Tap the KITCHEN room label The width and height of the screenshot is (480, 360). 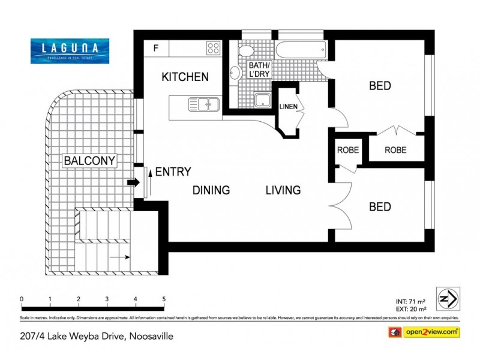[185, 77]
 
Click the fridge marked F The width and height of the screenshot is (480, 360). [156, 47]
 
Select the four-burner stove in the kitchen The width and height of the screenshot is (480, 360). [213, 47]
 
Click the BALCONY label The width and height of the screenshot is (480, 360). [89, 161]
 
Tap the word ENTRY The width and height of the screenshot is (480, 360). [173, 172]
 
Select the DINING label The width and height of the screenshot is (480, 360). [211, 191]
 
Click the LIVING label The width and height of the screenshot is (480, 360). [283, 191]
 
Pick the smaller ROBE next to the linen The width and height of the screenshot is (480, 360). [347, 150]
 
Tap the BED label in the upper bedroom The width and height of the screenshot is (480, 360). [380, 86]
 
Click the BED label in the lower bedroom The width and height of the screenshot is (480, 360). [380, 207]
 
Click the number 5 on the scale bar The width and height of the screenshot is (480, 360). [164, 299]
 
